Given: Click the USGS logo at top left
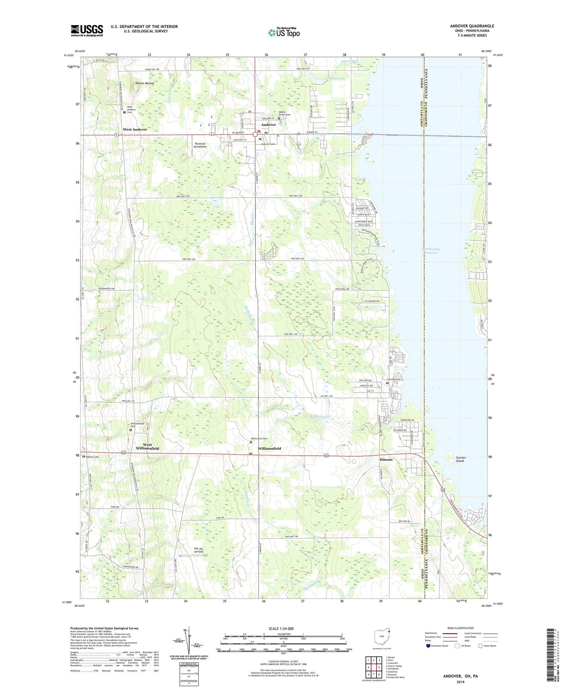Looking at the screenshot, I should (87, 30).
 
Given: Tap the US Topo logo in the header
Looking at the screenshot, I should (284, 32).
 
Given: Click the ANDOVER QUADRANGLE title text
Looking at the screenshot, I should (472, 26).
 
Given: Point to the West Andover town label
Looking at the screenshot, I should (135, 129).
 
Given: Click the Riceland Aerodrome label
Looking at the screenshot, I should (200, 145).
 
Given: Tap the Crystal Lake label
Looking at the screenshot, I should (335, 79).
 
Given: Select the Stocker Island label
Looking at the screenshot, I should (461, 459).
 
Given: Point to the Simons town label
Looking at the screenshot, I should (386, 460).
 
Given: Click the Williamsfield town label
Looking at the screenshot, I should (269, 449).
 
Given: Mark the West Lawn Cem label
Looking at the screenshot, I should (259, 438).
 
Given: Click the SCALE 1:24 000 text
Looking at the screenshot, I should (281, 629).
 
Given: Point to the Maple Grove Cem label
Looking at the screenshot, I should (285, 113).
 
